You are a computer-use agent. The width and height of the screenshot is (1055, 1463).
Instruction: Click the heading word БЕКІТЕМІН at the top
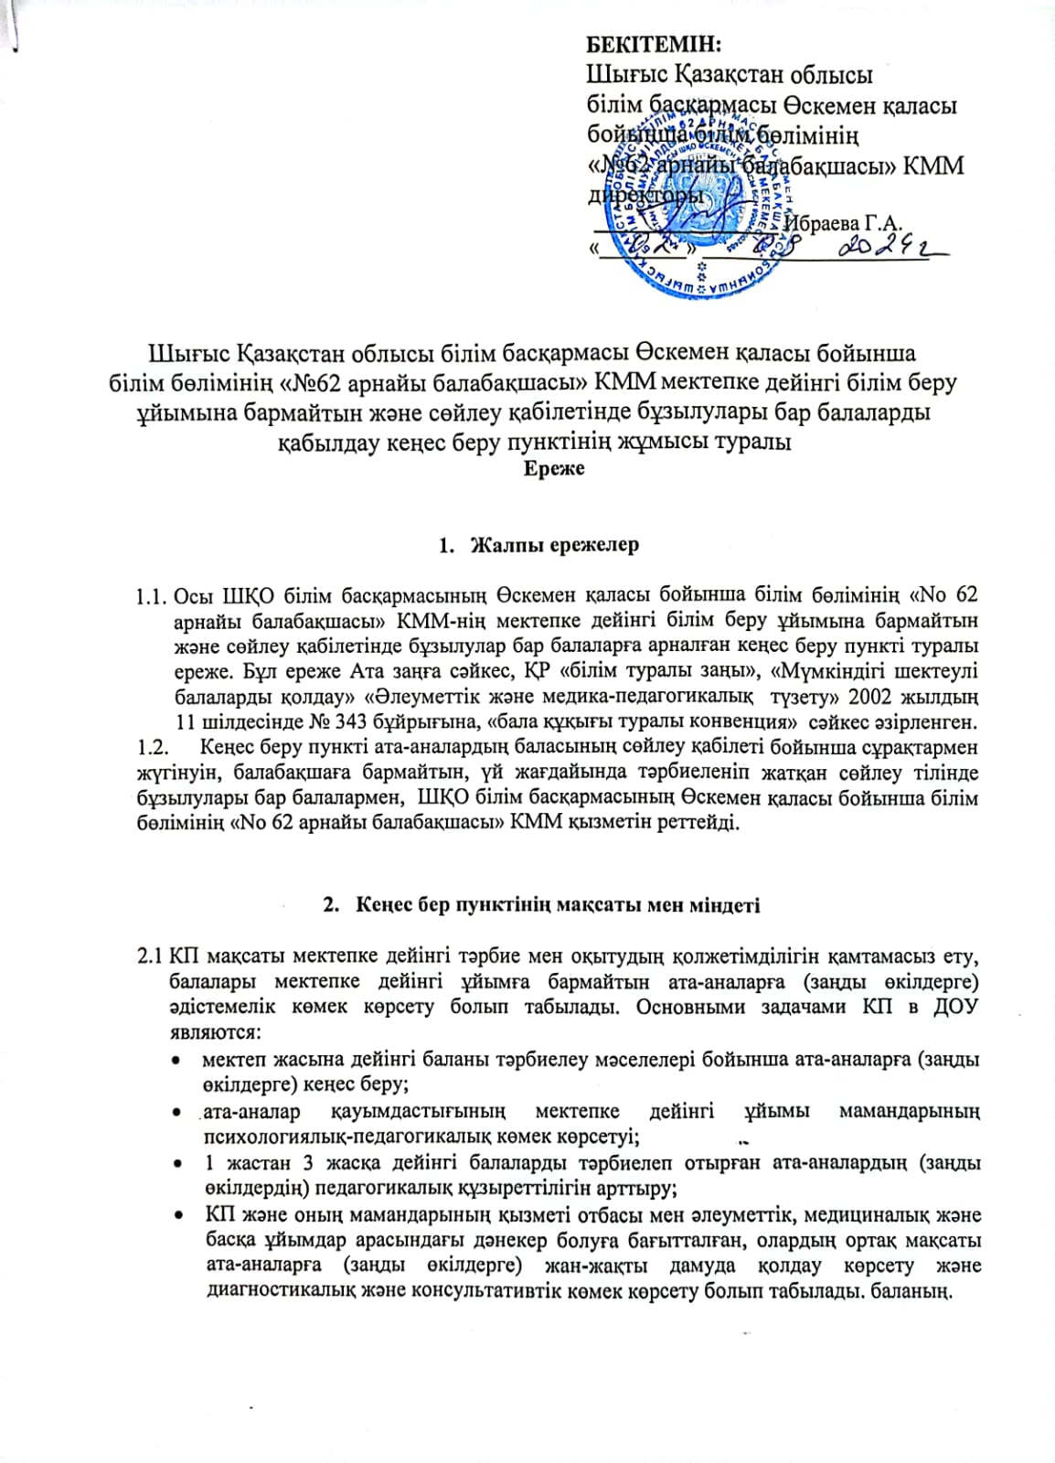[x=653, y=43]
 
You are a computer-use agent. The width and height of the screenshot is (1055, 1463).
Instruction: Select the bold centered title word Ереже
[x=554, y=469]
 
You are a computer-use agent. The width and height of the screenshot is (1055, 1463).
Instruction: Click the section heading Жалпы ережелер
[x=553, y=545]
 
